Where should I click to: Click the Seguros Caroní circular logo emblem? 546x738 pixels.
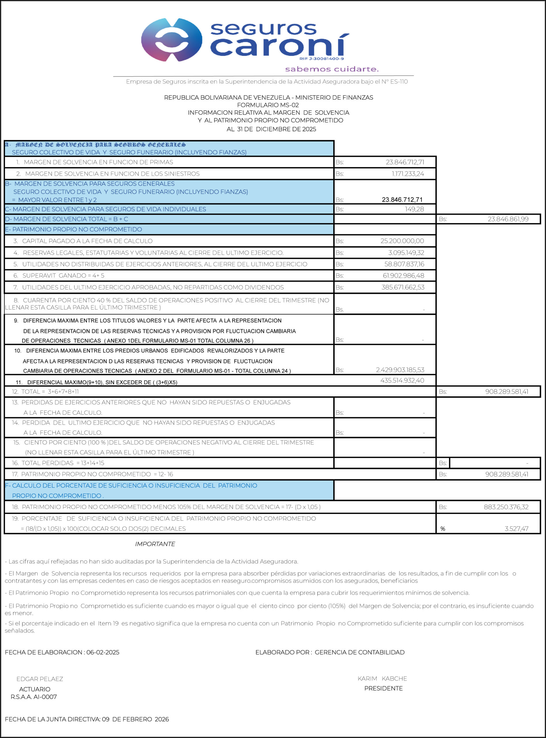[x=171, y=40]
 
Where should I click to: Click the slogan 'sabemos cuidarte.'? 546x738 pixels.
[x=332, y=69]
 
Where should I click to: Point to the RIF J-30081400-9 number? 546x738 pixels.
[x=322, y=59]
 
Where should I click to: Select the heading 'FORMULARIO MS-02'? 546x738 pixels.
[x=268, y=105]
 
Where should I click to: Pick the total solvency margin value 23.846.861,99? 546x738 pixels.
[x=508, y=219]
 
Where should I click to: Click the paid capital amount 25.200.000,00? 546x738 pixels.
[x=402, y=241]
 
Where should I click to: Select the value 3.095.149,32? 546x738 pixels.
[x=406, y=253]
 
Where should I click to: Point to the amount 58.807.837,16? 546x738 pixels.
[x=404, y=264]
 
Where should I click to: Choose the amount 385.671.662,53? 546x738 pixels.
[x=403, y=287]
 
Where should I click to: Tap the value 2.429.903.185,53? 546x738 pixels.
[x=400, y=370]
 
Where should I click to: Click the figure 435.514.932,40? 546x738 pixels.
[x=402, y=380]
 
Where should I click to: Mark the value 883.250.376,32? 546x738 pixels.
[x=506, y=507]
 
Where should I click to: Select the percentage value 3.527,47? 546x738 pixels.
[x=516, y=529]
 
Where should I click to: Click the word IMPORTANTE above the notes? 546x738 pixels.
[x=155, y=544]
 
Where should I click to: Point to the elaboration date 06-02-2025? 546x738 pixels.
[x=103, y=652]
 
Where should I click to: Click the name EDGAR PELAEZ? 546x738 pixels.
[x=40, y=679]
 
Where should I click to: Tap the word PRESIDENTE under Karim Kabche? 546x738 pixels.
[x=383, y=688]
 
